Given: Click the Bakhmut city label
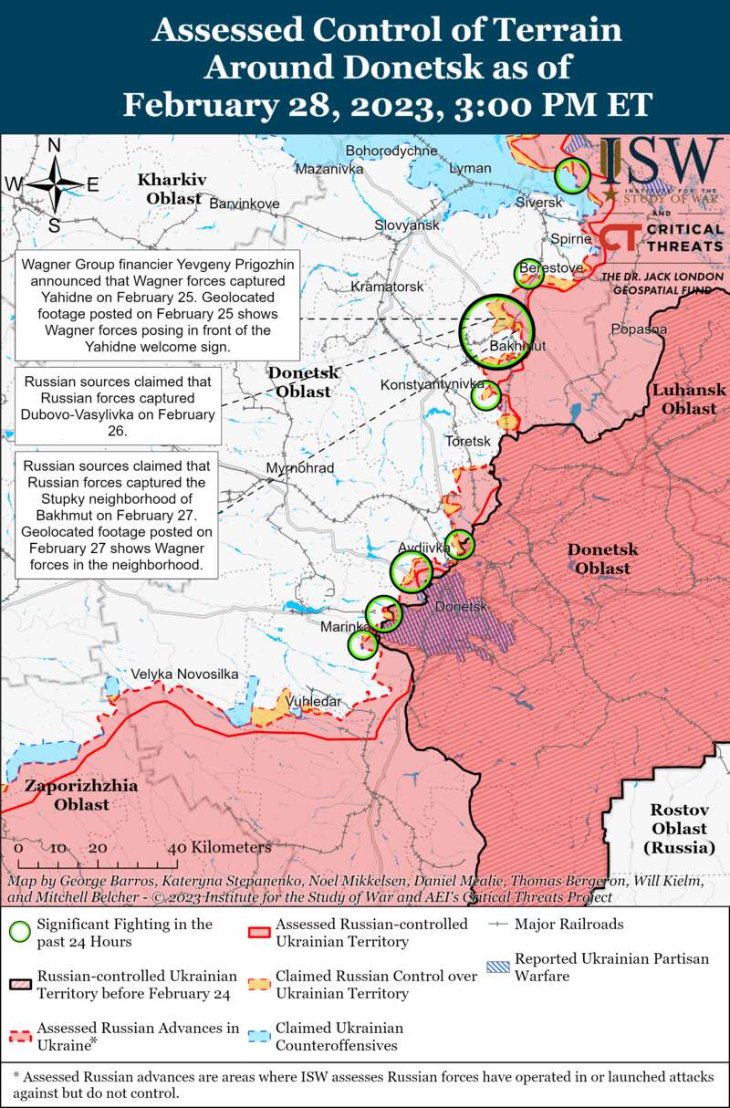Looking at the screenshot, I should coord(517,347).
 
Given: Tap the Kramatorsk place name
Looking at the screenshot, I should coord(388,287).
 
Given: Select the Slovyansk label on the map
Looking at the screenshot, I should coord(407,225).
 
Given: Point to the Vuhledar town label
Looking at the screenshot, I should coord(314,701).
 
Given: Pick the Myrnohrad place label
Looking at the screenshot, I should coord(299,468).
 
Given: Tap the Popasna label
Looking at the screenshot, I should coord(639,329).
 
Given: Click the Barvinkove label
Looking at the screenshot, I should coord(245,203).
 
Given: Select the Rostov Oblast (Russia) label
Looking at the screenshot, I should coord(679,829).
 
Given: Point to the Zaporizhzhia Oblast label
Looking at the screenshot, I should coord(81,795).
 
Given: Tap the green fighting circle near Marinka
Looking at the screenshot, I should coord(363,644).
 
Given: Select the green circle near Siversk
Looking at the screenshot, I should coord(572,173).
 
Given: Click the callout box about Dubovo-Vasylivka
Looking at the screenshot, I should coord(116,406).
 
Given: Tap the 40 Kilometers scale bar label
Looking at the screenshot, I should coord(219,848).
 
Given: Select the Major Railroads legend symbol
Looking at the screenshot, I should coord(498,925).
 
